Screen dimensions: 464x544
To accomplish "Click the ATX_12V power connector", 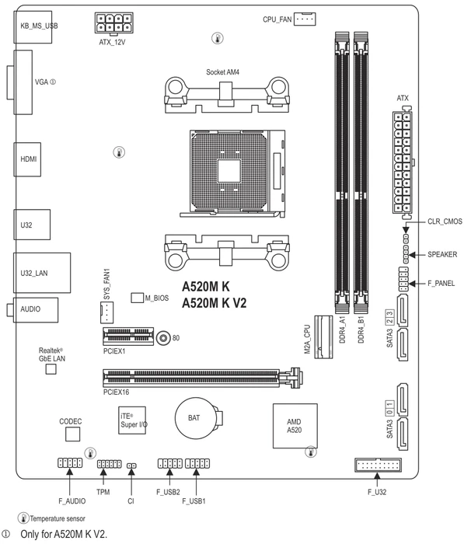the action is (x=113, y=23).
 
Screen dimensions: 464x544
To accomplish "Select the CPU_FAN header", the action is (x=305, y=19).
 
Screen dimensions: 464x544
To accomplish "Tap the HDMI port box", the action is (x=27, y=159).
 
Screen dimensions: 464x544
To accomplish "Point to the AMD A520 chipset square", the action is (x=295, y=425).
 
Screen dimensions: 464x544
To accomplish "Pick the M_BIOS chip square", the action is (x=137, y=298).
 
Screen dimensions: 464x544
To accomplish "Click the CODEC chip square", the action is (x=73, y=434).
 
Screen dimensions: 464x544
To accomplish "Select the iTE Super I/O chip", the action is (x=132, y=420).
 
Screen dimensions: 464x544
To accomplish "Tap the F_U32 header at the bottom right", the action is (x=378, y=465).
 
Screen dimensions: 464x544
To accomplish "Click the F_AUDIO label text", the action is (x=72, y=501).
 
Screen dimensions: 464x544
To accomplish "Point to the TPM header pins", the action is (x=110, y=463).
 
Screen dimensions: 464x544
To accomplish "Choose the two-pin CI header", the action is (x=131, y=466).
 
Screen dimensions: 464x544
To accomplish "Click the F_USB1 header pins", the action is (x=197, y=463).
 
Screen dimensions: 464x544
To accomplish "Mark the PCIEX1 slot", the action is (x=128, y=336).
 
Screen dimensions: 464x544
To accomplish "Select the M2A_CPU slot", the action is (x=323, y=337).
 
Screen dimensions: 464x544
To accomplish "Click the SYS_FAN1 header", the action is (x=106, y=312).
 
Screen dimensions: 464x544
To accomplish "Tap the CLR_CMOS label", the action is (x=445, y=221).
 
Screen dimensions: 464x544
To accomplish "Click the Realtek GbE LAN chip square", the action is (x=51, y=369).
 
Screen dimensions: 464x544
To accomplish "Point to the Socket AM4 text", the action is (x=222, y=72).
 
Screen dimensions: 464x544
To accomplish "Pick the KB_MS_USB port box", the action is (x=33, y=27).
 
